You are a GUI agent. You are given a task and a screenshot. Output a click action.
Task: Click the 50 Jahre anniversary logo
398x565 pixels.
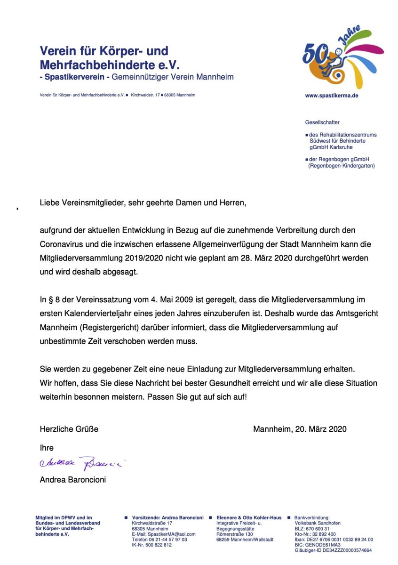click(x=342, y=59)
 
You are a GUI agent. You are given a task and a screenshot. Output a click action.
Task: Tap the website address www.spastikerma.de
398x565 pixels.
click(x=332, y=95)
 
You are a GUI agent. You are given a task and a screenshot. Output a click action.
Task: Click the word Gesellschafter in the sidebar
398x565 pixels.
click(x=322, y=122)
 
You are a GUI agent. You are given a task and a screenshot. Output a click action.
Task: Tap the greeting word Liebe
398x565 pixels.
click(x=49, y=203)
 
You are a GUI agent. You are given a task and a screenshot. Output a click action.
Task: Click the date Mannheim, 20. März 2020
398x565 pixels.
click(x=300, y=429)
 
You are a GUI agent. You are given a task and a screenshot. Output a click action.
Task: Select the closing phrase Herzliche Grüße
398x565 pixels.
click(x=69, y=429)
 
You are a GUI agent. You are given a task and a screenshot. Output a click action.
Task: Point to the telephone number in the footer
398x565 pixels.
click(x=159, y=540)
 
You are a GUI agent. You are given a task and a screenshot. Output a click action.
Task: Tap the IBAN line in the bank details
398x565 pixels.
click(x=334, y=540)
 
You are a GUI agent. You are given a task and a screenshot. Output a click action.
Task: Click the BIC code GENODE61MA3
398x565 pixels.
click(x=328, y=545)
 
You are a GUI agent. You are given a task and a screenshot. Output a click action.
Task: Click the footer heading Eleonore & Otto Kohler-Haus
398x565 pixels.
click(x=249, y=517)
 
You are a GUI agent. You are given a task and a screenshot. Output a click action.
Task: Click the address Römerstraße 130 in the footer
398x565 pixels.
click(x=234, y=534)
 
